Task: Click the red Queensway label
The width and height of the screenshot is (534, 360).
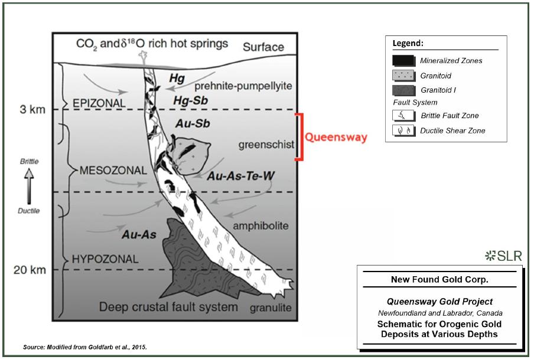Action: [x=336, y=137]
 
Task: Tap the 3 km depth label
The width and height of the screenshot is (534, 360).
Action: [x=32, y=109]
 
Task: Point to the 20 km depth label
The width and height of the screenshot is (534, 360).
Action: [x=30, y=270]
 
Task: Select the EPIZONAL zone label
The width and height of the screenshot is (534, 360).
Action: [x=99, y=103]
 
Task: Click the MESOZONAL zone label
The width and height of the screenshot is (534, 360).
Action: [x=113, y=170]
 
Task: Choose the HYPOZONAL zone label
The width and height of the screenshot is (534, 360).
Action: [x=105, y=259]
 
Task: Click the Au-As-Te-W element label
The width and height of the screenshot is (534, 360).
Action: [x=241, y=176]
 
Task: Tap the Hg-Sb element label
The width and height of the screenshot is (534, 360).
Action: [x=191, y=100]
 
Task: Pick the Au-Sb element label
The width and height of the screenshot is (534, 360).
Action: [x=193, y=123]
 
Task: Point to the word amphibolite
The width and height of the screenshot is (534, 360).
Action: [x=261, y=225]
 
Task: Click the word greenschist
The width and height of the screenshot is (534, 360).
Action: [x=266, y=145]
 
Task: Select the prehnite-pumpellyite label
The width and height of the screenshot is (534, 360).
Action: [x=243, y=86]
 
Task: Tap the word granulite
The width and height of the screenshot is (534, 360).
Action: [x=271, y=307]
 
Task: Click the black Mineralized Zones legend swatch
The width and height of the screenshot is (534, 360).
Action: [x=403, y=61]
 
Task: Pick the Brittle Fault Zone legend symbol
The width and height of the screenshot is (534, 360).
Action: [x=403, y=116]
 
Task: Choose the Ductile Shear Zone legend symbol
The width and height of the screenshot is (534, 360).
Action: [x=403, y=130]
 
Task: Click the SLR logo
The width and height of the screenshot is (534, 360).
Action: [x=503, y=256]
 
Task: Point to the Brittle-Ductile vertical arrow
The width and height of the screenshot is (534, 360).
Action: [x=29, y=186]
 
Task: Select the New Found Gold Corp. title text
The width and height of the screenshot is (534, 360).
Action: [x=439, y=280]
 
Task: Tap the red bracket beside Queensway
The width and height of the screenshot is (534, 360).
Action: [x=300, y=137]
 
